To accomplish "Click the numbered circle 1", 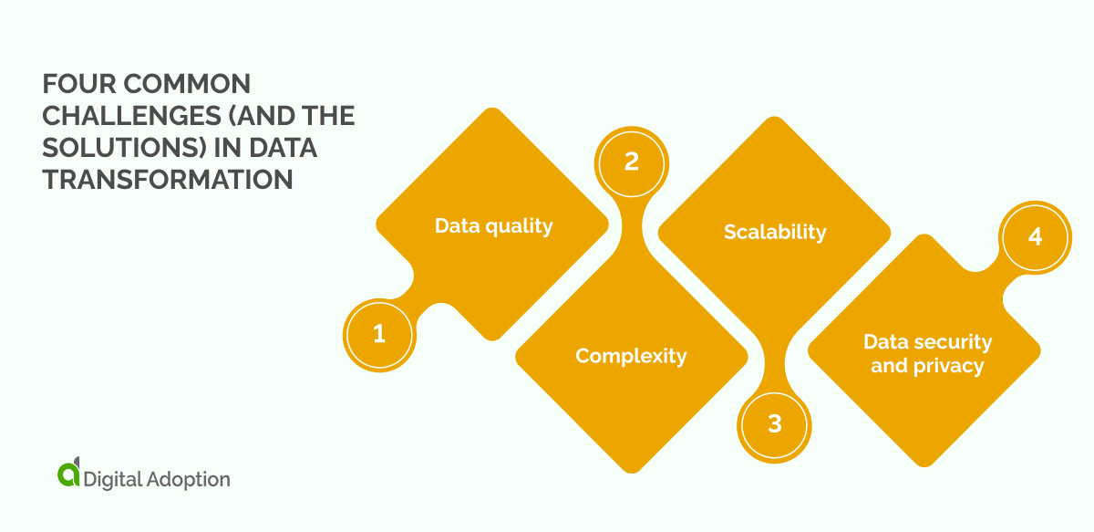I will tap(379, 335).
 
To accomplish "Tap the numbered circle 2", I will tap(631, 162).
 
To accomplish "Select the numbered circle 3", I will tap(775, 424).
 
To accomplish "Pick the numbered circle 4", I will tap(1035, 236).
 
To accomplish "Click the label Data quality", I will tap(493, 225).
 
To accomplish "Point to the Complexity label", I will tap(631, 356).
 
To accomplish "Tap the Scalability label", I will tap(775, 232).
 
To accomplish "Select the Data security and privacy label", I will tap(927, 354).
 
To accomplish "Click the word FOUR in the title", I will tap(76, 86).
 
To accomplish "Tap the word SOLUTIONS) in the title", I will tap(130, 149).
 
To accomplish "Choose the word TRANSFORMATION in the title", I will tap(168, 180).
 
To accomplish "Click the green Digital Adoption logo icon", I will tap(68, 474).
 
